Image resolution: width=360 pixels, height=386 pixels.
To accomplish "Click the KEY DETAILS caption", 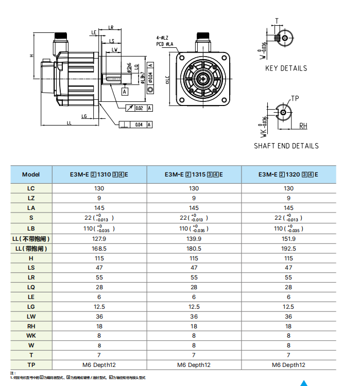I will pos(286,68).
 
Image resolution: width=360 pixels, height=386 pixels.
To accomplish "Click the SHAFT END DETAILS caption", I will pos(286,146).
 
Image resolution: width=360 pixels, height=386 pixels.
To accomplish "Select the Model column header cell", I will pos(31,174).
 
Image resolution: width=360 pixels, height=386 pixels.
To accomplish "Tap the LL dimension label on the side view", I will pos(68,123).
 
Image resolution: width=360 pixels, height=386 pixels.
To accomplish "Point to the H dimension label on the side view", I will pos(31,56).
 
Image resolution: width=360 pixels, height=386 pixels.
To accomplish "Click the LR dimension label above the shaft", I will pos(111,27).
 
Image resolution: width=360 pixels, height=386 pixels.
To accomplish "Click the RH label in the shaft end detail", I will pos(303,126).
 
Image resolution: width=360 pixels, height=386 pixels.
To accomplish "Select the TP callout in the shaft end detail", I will pos(295,98).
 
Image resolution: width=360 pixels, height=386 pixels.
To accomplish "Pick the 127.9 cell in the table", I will pos(99,239).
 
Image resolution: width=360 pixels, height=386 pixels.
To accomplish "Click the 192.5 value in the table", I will pos(288,249).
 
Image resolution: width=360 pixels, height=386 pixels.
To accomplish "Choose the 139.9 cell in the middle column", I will pos(194,239).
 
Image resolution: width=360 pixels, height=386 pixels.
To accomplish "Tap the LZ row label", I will pos(31,198).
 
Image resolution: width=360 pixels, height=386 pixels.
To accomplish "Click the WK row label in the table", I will pos(31,336).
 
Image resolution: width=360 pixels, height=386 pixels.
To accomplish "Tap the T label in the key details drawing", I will pos(277,21).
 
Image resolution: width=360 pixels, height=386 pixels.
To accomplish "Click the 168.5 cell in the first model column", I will pos(99,249).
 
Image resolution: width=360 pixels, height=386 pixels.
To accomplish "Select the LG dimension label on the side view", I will pos(84,116).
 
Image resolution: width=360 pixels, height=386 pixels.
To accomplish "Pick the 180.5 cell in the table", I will pos(194,249).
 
